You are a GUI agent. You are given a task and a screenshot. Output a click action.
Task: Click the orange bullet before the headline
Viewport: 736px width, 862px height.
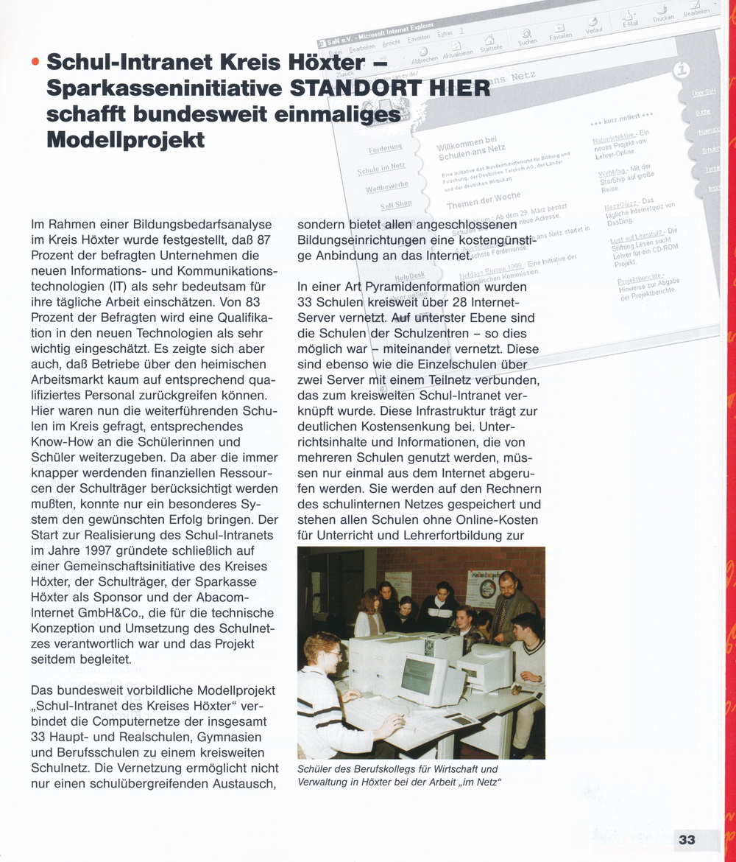(35, 63)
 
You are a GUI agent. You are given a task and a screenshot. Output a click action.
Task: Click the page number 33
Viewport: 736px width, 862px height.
(687, 840)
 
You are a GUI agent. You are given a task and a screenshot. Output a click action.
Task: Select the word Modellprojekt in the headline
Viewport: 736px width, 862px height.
(125, 140)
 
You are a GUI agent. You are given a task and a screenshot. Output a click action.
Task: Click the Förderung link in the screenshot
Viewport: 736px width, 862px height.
(384, 150)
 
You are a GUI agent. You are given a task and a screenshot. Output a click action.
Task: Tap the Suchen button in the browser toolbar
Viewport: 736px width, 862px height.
(527, 38)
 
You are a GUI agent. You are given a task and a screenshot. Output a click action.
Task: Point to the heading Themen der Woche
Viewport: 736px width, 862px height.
(483, 200)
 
